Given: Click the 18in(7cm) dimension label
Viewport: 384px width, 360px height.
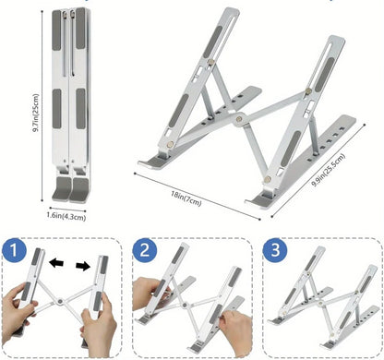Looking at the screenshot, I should [x=186, y=196].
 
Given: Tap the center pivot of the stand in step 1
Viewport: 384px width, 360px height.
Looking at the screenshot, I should [x=62, y=302].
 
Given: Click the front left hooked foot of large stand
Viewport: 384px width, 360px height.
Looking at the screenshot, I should [x=152, y=166].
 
